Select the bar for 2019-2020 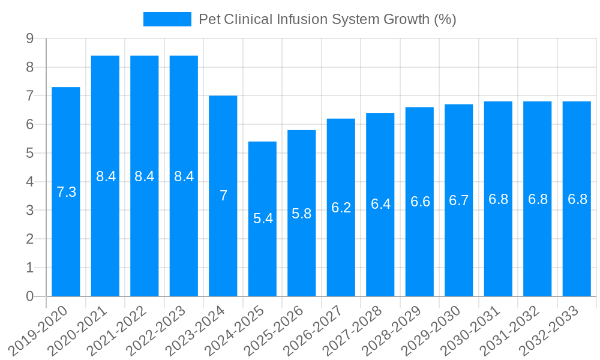(x=66, y=191)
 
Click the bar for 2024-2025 (x=262, y=219)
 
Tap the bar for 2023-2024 (x=223, y=196)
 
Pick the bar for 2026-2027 (x=341, y=207)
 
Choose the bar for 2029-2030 (x=459, y=200)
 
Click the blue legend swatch (x=167, y=19)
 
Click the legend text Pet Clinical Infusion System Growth (x=328, y=19)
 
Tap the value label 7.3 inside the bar (x=66, y=192)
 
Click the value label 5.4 (x=263, y=218)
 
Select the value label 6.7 (x=459, y=200)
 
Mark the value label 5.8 (x=302, y=213)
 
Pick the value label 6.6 (x=420, y=202)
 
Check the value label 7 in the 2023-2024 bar (x=223, y=196)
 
